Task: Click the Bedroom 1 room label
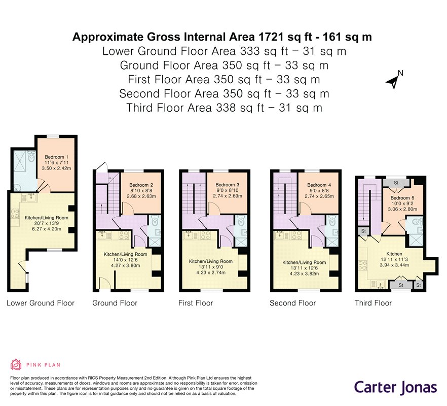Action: coord(56,157)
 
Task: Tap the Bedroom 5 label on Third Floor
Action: coord(402,198)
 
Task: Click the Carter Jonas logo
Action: coord(395,387)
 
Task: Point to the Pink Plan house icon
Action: coord(16,364)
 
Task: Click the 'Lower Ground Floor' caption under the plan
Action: coord(41,303)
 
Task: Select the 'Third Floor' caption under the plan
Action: coord(373,303)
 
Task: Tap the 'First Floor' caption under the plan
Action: coord(196,303)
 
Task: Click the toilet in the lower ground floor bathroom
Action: coord(31,157)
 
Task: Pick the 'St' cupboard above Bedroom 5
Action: coord(396,183)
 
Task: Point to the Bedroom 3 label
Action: coord(227,185)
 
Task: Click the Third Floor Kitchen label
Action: coord(394,254)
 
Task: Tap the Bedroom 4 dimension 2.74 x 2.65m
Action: coord(319,196)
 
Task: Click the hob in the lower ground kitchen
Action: coord(15,214)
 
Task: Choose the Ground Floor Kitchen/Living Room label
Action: coord(126,254)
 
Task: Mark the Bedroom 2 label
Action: coord(141,185)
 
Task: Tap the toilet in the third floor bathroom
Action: coord(417,221)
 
